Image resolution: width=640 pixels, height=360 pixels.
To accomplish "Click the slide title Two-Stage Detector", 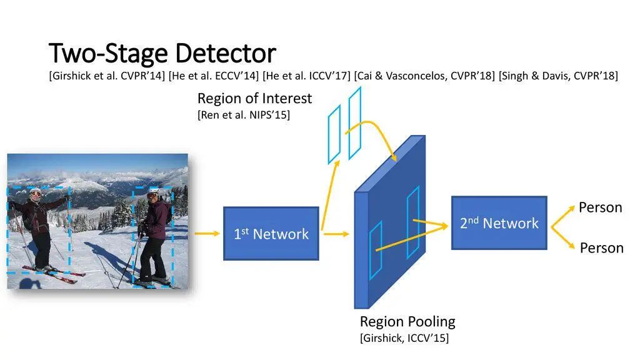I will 162,53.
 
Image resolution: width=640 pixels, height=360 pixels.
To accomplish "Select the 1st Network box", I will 271,234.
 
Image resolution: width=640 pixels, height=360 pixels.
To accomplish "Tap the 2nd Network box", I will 499,223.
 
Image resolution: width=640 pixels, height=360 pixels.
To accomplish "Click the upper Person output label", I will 600,207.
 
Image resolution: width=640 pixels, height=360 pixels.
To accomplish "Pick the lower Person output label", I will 601,248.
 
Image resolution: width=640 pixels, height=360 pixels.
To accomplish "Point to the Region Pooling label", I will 407,322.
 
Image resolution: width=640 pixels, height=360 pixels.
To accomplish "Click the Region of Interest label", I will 254,98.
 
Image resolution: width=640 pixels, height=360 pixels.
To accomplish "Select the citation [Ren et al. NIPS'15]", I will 243,115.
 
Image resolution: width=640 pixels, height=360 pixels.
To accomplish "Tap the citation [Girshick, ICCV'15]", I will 404,338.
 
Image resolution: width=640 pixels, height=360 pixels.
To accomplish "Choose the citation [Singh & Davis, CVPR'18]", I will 558,76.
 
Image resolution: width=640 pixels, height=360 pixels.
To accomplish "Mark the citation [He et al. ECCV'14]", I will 214,76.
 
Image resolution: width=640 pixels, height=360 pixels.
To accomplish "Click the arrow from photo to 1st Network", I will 205,234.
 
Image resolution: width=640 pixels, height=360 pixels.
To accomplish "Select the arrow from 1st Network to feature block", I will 336,234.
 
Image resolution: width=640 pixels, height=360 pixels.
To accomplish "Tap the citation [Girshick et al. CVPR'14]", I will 107,76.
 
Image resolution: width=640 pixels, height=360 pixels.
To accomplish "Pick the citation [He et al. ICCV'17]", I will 306,76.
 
